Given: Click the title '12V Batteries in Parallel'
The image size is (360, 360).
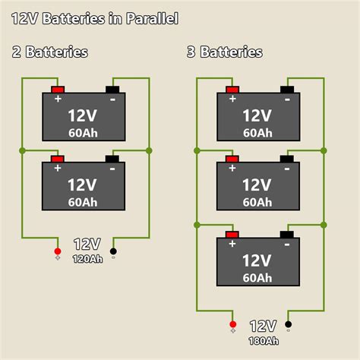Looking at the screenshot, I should click(x=95, y=17).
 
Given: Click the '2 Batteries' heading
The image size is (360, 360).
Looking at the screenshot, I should click(x=50, y=52).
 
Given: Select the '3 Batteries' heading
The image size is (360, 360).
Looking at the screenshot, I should click(x=225, y=52).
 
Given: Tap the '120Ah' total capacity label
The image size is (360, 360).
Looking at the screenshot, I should click(x=87, y=258).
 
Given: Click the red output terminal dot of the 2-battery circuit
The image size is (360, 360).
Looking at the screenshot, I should click(x=58, y=251).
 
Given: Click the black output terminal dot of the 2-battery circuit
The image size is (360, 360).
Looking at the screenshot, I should click(x=113, y=251).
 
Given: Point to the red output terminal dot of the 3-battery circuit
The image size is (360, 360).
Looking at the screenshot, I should click(x=232, y=326).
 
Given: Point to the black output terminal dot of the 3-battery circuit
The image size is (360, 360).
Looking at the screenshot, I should click(x=288, y=326).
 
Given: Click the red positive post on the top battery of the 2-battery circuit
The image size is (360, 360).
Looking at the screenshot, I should click(x=58, y=89).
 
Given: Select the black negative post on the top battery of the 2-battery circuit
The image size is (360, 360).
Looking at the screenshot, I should click(x=113, y=89).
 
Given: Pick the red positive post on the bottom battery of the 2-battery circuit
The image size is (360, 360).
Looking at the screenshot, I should click(x=58, y=159).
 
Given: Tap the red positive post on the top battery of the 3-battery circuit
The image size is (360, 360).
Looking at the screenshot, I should click(x=232, y=90).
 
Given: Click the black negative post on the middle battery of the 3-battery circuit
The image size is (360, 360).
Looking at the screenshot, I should click(x=288, y=159).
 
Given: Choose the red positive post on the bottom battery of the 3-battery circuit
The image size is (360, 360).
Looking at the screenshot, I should click(x=232, y=234).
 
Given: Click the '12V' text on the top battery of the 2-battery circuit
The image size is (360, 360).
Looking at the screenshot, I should click(x=81, y=116).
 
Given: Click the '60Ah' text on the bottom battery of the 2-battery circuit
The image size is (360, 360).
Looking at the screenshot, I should click(x=82, y=203).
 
